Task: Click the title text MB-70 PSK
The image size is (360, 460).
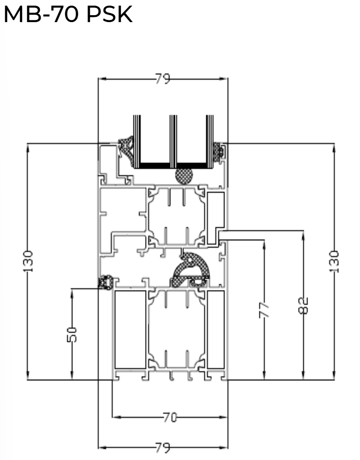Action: coord(68,15)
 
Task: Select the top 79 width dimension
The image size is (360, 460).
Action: coord(163,79)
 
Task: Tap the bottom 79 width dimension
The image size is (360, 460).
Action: coord(163,447)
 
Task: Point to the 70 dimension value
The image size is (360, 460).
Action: coord(170,418)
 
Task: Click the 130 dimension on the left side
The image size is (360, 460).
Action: coord(28,261)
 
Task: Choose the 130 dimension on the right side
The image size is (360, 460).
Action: coord(334,261)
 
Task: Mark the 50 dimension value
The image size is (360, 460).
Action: coord(72,334)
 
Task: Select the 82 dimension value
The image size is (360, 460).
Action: coord(303,305)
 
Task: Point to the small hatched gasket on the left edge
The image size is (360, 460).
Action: coord(105,283)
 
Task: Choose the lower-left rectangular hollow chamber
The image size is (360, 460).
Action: coord(130,330)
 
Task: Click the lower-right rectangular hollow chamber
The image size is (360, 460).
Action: coord(216,330)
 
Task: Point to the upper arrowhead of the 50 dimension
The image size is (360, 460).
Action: coord(72,292)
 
